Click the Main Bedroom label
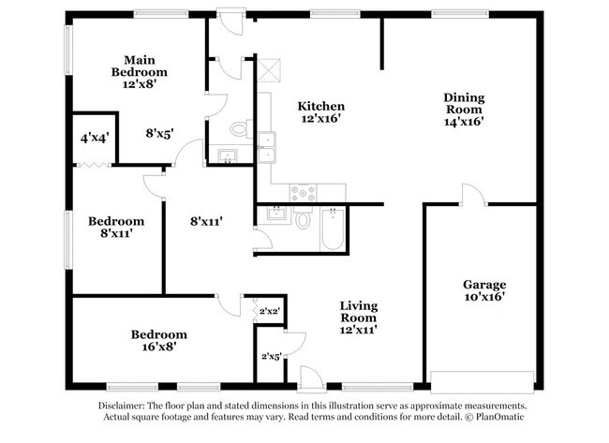pyautogui.click(x=140, y=71)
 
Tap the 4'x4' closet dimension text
pyautogui.click(x=95, y=138)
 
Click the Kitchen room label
pyautogui.click(x=321, y=113)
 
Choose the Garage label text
pyautogui.click(x=484, y=290)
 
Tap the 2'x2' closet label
pyautogui.click(x=268, y=310)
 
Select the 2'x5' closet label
pyautogui.click(x=271, y=355)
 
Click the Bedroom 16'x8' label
pyautogui.click(x=158, y=340)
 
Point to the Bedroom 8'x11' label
pyautogui.click(x=116, y=228)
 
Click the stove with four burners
pyautogui.click(x=304, y=193)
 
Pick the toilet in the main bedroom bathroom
pyautogui.click(x=238, y=128)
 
